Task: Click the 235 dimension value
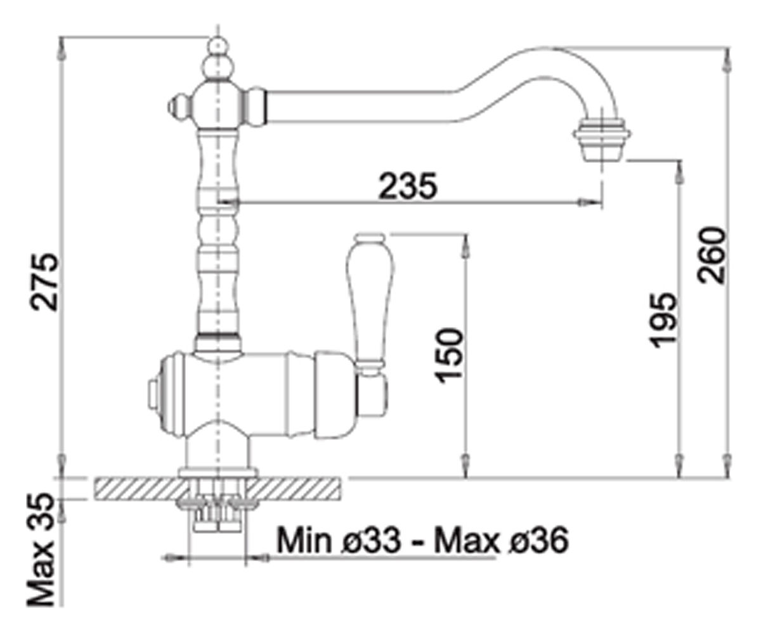point(408,186)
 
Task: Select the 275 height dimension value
point(44,281)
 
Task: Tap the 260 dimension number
point(711,255)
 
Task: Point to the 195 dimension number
point(663,320)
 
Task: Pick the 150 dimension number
point(450,355)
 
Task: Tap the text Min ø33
point(339,540)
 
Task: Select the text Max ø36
point(502,540)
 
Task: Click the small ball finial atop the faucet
point(218,47)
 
